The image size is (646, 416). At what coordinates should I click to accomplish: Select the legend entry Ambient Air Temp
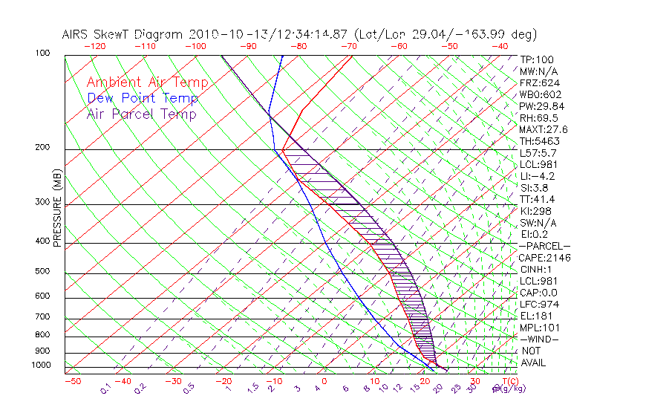[x=148, y=82]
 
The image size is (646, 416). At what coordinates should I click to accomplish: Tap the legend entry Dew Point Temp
[x=143, y=98]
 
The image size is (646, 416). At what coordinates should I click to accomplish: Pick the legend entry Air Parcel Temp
[x=142, y=114]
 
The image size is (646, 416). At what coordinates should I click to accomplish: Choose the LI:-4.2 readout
[x=537, y=176]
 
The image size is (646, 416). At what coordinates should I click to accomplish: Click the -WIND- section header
[x=539, y=339]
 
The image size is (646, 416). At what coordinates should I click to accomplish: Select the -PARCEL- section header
[x=544, y=246]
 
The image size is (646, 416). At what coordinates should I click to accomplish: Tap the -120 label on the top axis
[x=94, y=46]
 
